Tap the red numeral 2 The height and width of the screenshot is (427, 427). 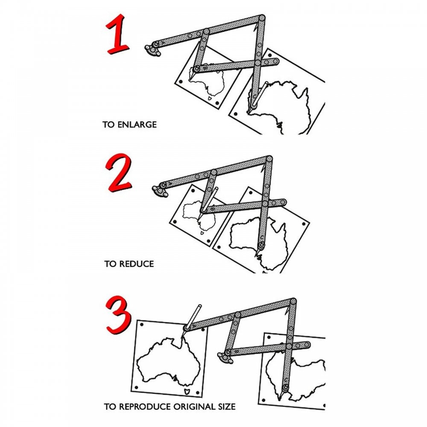coord(119,173)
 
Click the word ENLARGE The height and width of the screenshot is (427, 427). coord(137,125)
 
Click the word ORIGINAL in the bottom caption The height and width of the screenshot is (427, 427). coord(193,407)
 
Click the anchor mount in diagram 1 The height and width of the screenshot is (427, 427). coord(152,50)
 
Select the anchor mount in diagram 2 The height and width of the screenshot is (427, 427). coord(160,190)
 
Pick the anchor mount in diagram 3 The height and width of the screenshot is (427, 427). coord(225,357)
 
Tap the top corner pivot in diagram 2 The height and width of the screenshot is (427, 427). coord(269,159)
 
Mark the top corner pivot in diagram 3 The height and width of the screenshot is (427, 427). coord(293,301)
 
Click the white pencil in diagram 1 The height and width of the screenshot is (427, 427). coord(260,94)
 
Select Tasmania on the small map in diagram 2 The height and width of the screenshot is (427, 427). coord(202,233)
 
